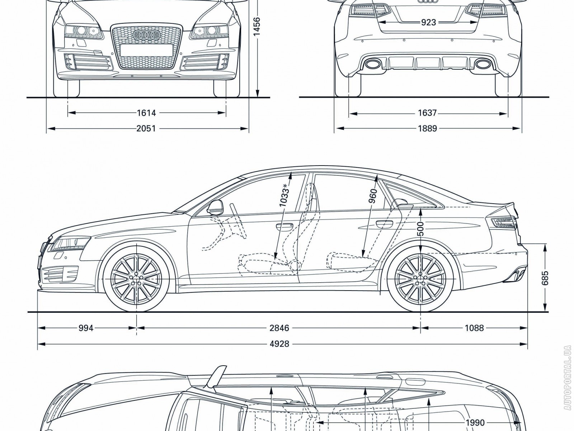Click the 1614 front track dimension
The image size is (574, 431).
pyautogui.click(x=146, y=113)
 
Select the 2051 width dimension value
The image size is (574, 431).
pyautogui.click(x=146, y=128)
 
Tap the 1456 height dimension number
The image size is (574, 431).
pyautogui.click(x=257, y=27)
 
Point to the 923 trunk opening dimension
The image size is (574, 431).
pyautogui.click(x=428, y=23)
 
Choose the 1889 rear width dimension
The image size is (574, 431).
pyautogui.click(x=427, y=128)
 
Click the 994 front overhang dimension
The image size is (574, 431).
pyautogui.click(x=86, y=328)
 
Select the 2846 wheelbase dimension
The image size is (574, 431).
pyautogui.click(x=279, y=328)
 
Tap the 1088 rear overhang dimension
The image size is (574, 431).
pyautogui.click(x=474, y=328)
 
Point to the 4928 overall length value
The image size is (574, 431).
pyautogui.click(x=279, y=344)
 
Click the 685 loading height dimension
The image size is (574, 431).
pyautogui.click(x=545, y=278)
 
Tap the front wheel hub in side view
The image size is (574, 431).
pyautogui.click(x=137, y=279)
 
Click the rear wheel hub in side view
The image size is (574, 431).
pyautogui.click(x=420, y=279)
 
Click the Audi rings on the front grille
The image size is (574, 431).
pyautogui.click(x=146, y=34)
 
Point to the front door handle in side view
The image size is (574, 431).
pyautogui.click(x=284, y=226)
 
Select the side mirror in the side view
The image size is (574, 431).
pyautogui.click(x=215, y=207)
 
